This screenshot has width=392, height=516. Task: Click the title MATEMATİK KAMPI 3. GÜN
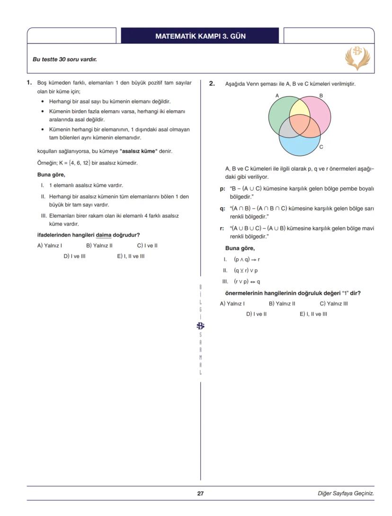pyautogui.click(x=200, y=36)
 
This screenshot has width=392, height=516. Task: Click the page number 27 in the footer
pyautogui.click(x=200, y=493)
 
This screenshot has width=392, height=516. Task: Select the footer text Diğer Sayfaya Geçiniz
pyautogui.click(x=346, y=493)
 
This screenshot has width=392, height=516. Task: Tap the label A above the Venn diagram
pyautogui.click(x=277, y=96)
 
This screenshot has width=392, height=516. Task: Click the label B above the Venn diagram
pyautogui.click(x=321, y=96)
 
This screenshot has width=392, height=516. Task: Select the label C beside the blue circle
pyautogui.click(x=321, y=147)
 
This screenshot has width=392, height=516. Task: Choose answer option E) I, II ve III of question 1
pyautogui.click(x=131, y=256)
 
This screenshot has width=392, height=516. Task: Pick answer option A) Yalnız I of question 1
pyautogui.click(x=50, y=245)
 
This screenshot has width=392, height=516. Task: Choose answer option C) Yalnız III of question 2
pyautogui.click(x=333, y=304)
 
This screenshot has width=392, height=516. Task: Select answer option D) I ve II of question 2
pyautogui.click(x=256, y=314)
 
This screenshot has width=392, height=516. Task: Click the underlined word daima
pyautogui.click(x=104, y=235)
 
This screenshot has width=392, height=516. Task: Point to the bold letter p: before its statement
pyautogui.click(x=222, y=189)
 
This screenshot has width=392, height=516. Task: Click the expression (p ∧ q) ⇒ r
pyautogui.click(x=247, y=260)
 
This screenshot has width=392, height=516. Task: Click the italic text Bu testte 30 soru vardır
pyautogui.click(x=65, y=60)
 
